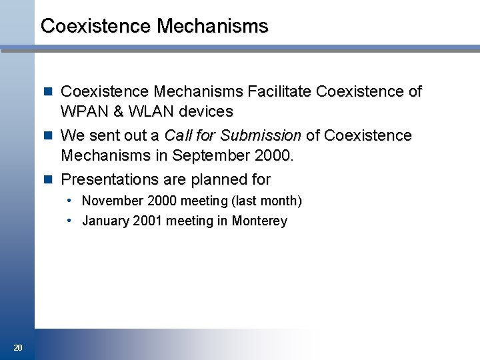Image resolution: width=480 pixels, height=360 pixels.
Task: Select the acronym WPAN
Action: point(82,111)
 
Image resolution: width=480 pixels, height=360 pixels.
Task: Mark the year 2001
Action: point(147,221)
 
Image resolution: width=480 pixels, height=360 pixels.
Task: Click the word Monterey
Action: point(259,221)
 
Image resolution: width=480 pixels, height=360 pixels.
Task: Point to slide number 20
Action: point(17,347)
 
